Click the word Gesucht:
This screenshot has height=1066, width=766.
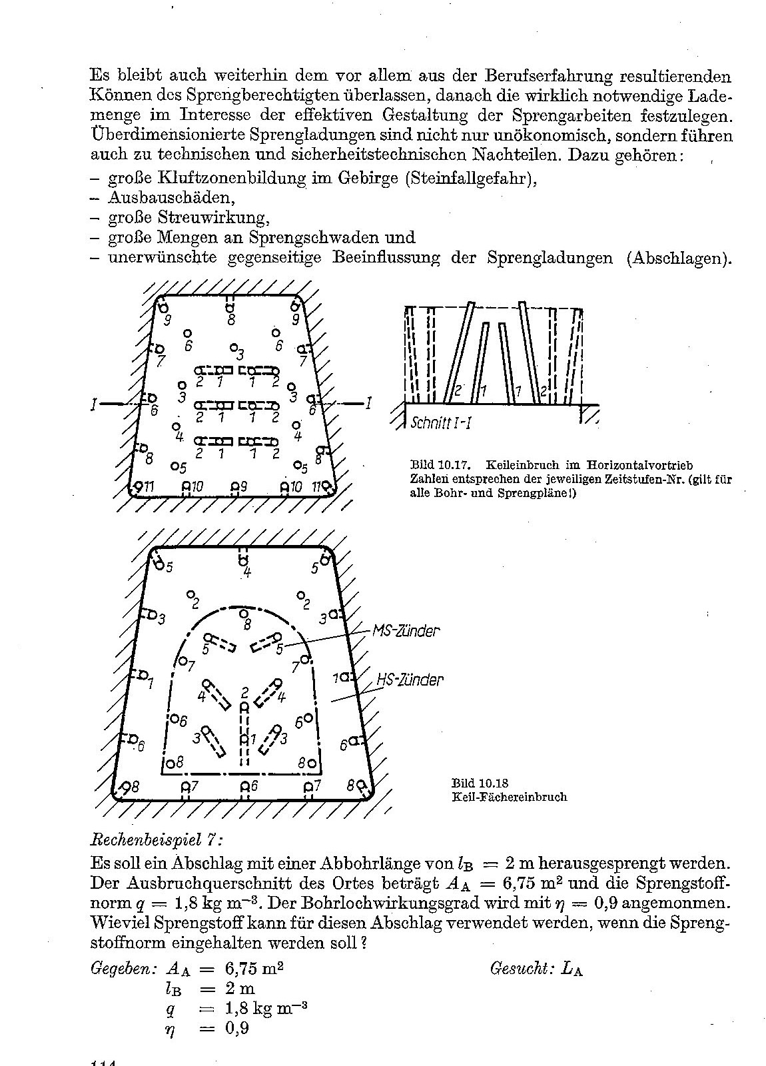521,968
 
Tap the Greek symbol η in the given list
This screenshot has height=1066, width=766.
171,1028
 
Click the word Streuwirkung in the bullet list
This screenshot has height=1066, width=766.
213,218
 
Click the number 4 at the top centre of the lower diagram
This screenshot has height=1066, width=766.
247,572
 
